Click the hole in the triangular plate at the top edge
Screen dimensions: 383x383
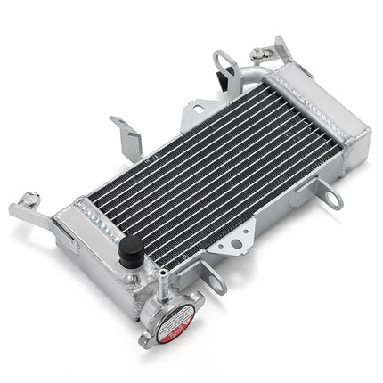pyautogui.click(x=195, y=115)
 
